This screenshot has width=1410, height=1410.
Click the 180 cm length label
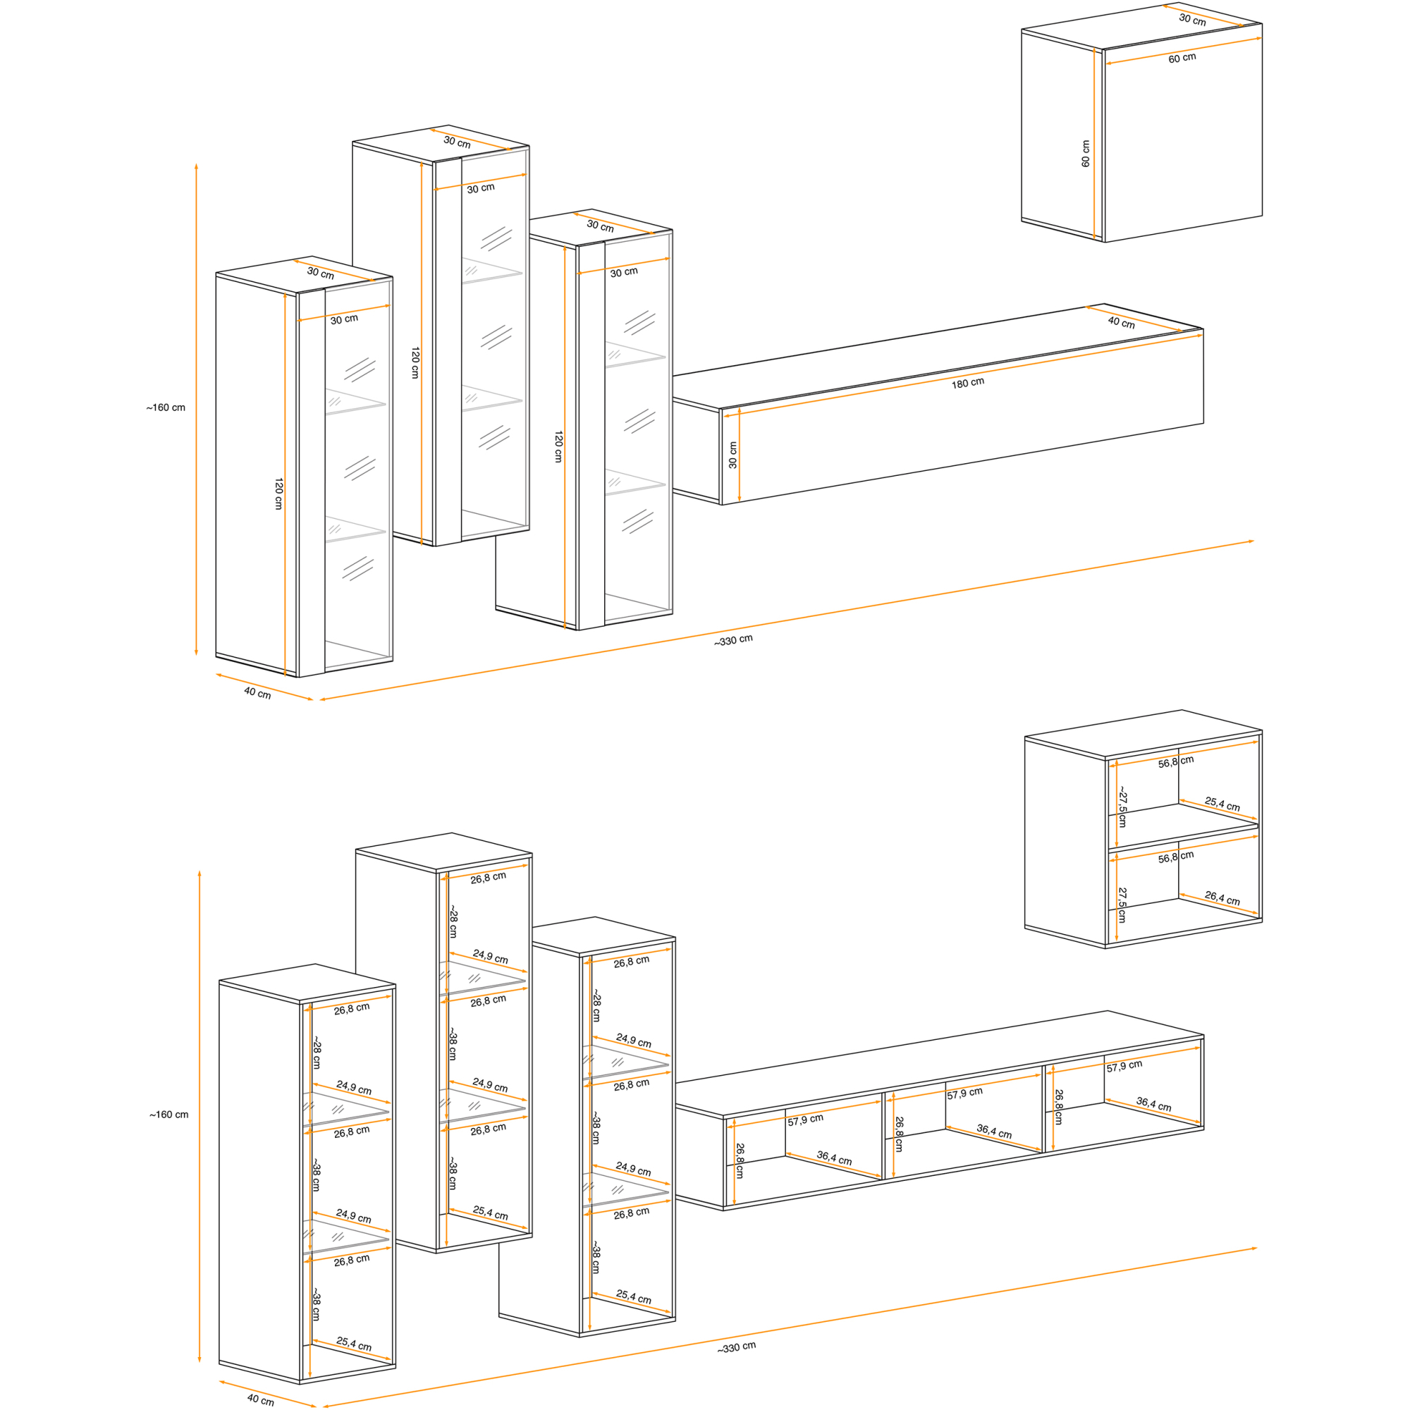[968, 383]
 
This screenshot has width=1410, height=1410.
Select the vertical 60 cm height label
[1085, 154]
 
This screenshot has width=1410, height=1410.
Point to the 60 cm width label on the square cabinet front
[1182, 58]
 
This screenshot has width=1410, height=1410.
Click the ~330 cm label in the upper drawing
[732, 640]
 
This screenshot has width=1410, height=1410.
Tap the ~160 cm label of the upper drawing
[166, 408]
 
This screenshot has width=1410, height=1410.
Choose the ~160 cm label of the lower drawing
[168, 1115]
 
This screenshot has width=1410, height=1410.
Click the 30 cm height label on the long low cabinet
[732, 455]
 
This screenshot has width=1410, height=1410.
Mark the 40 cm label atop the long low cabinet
[1121, 322]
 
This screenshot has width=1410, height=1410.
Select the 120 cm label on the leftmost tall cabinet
[278, 494]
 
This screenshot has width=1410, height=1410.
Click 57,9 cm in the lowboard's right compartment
[1124, 1066]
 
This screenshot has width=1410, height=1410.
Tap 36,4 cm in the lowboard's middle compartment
[994, 1132]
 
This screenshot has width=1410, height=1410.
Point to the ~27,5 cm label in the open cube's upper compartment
[1122, 807]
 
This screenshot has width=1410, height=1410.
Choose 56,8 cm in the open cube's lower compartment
[1176, 857]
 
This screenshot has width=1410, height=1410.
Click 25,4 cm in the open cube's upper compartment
[1222, 804]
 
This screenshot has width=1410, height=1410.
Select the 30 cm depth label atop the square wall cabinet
[1193, 20]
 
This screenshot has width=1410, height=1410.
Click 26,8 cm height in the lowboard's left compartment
[740, 1160]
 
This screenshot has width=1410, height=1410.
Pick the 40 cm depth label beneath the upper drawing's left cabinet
[257, 692]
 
